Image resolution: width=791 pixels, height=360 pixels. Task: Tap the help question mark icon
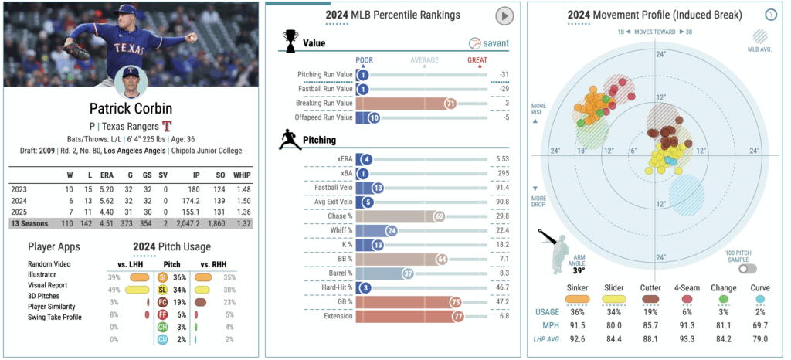click(770, 15)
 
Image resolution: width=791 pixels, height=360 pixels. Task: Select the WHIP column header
click(242, 175)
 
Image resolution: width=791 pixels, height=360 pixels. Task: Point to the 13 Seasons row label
click(30, 223)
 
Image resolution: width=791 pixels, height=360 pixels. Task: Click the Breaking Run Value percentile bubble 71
click(450, 103)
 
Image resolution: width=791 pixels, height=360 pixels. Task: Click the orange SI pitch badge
click(162, 276)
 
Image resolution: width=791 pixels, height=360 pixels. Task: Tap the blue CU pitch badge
click(162, 340)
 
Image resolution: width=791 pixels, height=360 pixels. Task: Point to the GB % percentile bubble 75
click(455, 301)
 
